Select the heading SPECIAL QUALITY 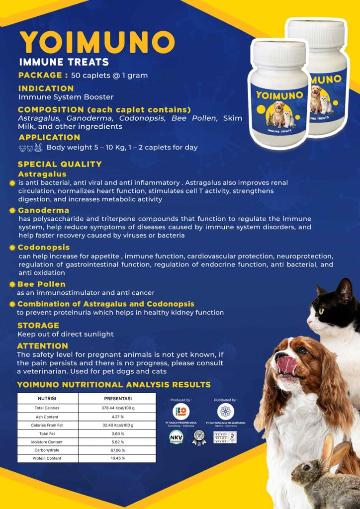pyautogui.click(x=60, y=164)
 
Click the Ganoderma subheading pyautogui.click(x=44, y=210)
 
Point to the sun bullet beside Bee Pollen pyautogui.click(x=12, y=285)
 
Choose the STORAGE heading pyautogui.click(x=38, y=326)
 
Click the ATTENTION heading pyautogui.click(x=42, y=346)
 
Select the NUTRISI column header pyautogui.click(x=47, y=399)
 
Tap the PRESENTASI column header pyautogui.click(x=117, y=399)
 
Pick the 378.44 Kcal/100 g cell pyautogui.click(x=118, y=408)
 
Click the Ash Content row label pyautogui.click(x=47, y=417)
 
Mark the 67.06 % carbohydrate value pyautogui.click(x=117, y=450)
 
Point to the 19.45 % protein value pyautogui.click(x=117, y=458)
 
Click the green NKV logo pyautogui.click(x=176, y=437)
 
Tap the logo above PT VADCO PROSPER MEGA pyautogui.click(x=180, y=412)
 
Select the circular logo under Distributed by pyautogui.click(x=226, y=412)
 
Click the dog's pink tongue pyautogui.click(x=287, y=365)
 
